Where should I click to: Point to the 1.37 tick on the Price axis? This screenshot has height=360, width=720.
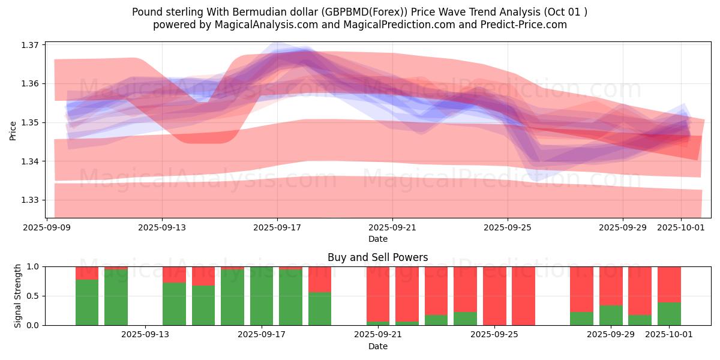30,45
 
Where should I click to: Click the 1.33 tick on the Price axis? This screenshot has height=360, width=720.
30,200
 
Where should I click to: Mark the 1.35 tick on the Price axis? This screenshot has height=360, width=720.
30,122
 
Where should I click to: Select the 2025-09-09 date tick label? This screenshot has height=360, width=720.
47,228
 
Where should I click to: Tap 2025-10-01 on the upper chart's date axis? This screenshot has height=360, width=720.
680,228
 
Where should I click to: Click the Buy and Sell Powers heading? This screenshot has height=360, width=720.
377,257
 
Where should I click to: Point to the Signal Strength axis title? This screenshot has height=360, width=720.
18,296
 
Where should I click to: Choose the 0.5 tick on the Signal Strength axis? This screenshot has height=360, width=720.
34,296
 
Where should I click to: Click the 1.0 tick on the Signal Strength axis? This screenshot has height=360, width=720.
34,266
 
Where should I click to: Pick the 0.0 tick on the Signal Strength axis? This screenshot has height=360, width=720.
34,325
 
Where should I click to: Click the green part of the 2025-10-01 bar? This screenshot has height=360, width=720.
669,314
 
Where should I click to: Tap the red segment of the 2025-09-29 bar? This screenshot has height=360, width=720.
611,286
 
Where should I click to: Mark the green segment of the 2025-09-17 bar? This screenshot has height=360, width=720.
262,296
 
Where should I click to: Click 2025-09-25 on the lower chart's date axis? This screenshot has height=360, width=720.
494,335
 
